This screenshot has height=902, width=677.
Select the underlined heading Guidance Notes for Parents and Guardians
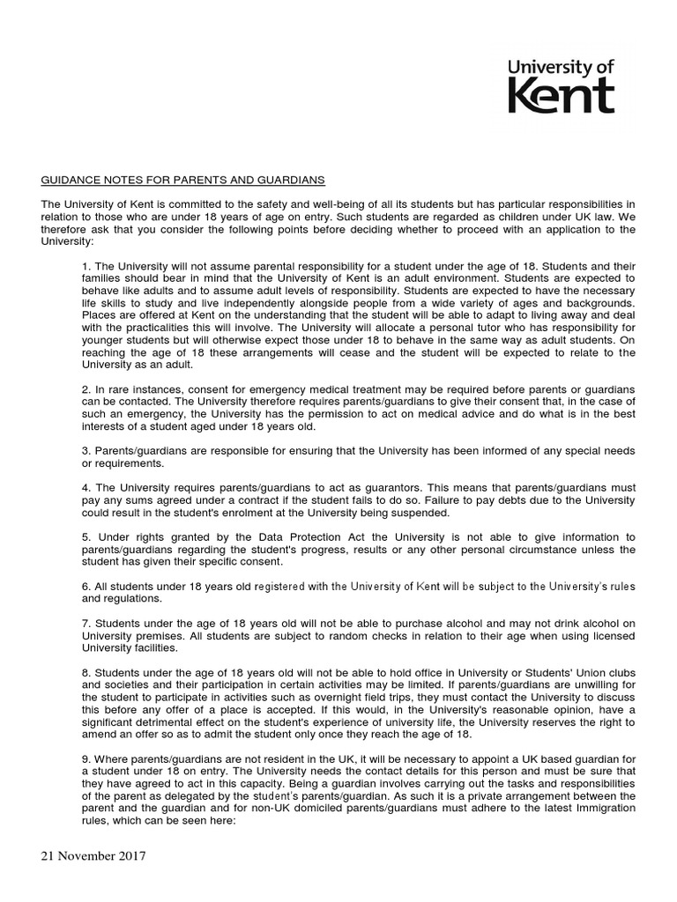tap(183, 181)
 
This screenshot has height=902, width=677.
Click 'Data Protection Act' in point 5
tap(257, 537)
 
